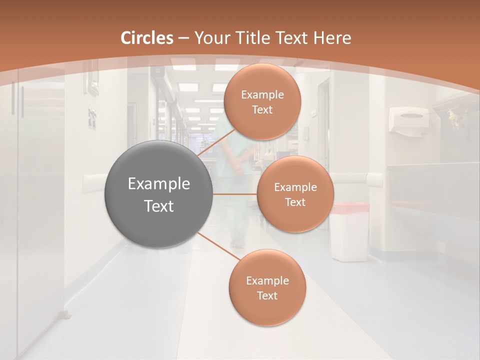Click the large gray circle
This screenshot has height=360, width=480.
click(x=159, y=194)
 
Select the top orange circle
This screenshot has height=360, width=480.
click(x=262, y=101)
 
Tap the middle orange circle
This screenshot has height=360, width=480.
click(x=295, y=194)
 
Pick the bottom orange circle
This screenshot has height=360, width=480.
click(x=267, y=287)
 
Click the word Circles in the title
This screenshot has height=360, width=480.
click(x=147, y=38)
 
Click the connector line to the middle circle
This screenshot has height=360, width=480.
click(x=234, y=194)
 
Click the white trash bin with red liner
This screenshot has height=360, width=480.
click(x=349, y=231)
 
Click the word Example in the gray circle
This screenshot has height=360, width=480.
click(x=159, y=183)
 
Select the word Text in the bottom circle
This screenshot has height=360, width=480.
click(x=267, y=295)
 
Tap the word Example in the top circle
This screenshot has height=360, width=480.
click(x=262, y=94)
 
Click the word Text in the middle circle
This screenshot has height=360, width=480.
click(x=295, y=202)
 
